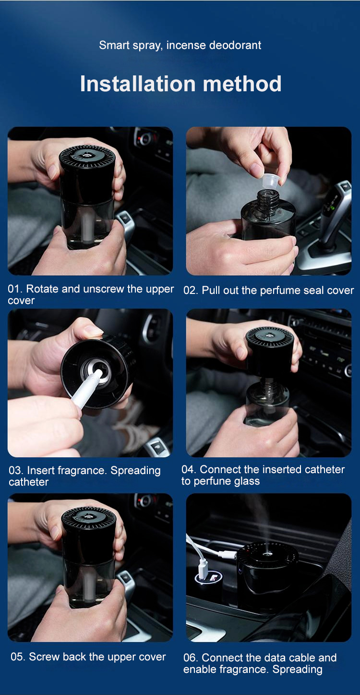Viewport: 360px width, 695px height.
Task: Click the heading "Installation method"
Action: pos(180,84)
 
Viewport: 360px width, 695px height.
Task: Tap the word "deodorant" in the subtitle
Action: pos(235,45)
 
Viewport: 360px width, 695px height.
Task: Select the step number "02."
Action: pos(191,291)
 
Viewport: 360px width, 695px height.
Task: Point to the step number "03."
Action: pos(16,470)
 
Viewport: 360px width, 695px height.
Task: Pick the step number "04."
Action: pos(189,469)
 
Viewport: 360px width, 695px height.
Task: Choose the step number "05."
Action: pos(18,657)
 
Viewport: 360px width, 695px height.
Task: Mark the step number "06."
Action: pos(191,658)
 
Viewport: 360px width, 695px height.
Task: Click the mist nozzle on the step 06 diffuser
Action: pos(266,553)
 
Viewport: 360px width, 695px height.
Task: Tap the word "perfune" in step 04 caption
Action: pos(213,482)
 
